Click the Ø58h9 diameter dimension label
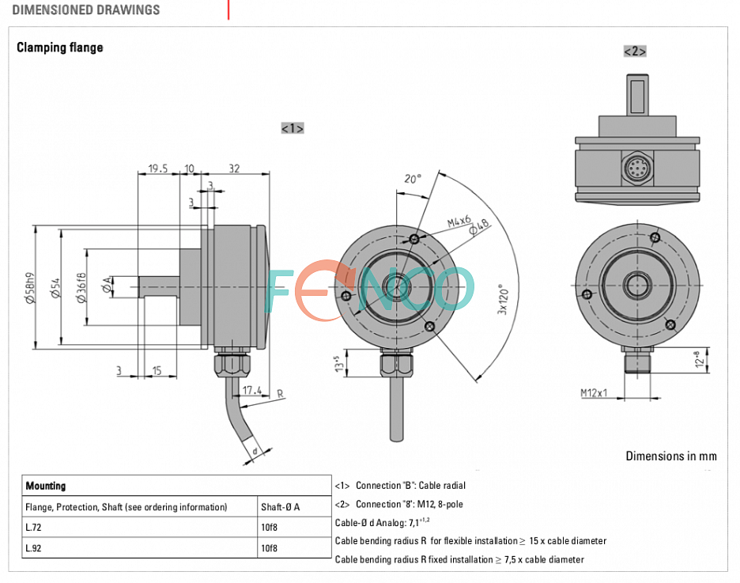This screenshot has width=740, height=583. (x=30, y=288)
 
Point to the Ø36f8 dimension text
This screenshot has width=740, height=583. (x=81, y=287)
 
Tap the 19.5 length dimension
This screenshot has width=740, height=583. (x=157, y=168)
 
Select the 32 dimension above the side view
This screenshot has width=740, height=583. (x=234, y=168)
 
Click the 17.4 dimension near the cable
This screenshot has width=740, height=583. (x=252, y=391)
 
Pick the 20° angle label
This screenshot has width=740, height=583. (x=412, y=179)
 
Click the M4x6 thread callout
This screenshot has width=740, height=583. (x=459, y=221)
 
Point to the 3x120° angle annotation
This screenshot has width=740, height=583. (x=503, y=299)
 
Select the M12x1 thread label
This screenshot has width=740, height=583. (x=594, y=393)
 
